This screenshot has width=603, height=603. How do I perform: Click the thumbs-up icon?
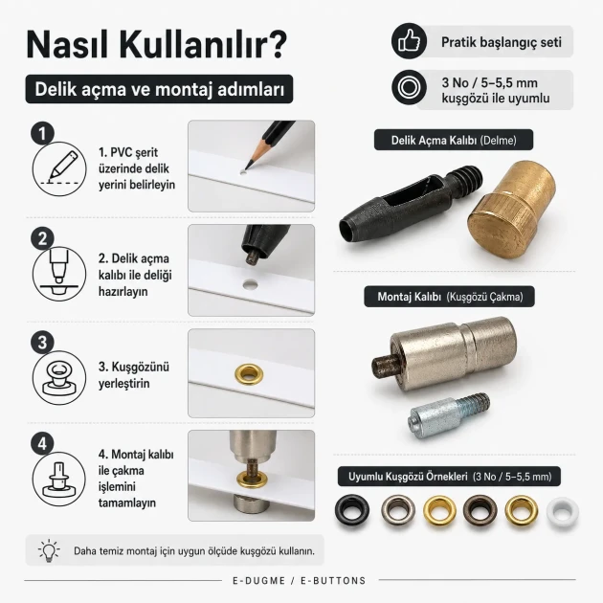click(409, 41)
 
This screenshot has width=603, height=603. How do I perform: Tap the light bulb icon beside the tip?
click(49, 550)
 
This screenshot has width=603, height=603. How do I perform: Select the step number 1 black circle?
click(42, 133)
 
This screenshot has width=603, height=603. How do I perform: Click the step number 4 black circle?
click(42, 444)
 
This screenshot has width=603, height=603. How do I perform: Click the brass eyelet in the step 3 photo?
click(249, 374)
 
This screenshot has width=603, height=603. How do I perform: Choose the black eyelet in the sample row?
click(352, 511)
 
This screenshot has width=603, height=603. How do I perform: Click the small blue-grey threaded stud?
click(449, 414)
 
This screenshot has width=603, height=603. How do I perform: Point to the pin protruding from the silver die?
click(386, 365)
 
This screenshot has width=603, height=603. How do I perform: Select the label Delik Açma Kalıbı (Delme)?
click(454, 140)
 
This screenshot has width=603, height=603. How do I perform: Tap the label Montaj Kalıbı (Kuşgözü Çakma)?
click(450, 297)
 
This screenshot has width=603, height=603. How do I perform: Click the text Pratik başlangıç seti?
click(502, 42)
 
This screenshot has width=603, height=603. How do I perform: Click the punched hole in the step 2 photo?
click(251, 284)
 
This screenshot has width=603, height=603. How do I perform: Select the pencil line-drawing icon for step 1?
click(59, 168)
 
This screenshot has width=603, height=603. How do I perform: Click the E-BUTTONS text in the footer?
click(333, 580)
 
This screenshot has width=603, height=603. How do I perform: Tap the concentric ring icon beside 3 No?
click(409, 87)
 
